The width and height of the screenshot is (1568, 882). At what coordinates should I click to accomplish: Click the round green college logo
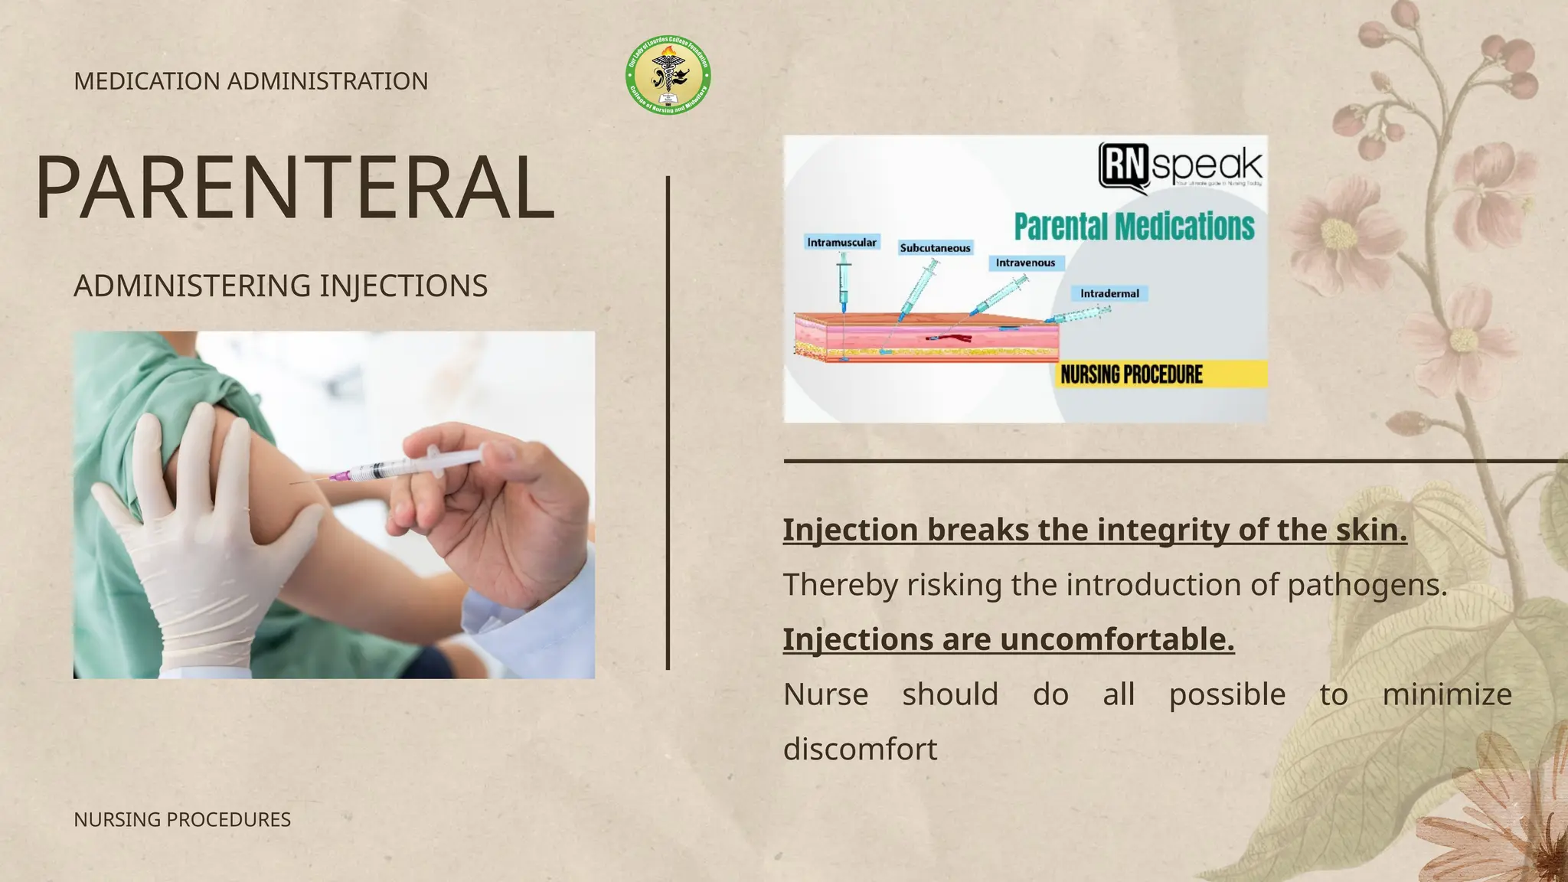click(668, 76)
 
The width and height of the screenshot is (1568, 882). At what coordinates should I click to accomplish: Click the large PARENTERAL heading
click(295, 188)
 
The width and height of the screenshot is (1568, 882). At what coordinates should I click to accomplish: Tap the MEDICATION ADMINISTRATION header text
click(250, 81)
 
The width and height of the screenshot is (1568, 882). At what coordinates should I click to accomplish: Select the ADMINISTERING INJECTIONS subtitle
click(280, 286)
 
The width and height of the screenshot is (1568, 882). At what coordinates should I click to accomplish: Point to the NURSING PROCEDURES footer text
click(182, 819)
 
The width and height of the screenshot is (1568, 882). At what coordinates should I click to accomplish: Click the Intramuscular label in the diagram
click(841, 243)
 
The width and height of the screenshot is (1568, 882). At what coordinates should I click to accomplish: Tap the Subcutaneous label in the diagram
click(935, 248)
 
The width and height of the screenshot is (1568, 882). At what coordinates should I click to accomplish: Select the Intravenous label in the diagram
click(1025, 263)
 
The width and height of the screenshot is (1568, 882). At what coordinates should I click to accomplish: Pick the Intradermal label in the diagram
click(1109, 293)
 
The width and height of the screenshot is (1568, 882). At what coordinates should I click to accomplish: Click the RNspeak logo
click(1180, 165)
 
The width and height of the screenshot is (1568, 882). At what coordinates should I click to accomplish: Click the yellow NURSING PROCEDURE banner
click(1161, 374)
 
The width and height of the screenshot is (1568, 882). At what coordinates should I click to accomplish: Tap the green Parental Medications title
click(1134, 227)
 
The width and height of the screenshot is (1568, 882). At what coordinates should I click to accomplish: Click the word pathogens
click(1367, 585)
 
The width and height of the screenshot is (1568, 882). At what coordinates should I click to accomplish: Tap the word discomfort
click(860, 749)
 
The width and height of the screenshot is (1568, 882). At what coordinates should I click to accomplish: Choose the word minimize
click(1446, 694)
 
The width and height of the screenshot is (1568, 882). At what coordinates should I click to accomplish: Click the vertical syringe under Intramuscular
click(844, 283)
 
